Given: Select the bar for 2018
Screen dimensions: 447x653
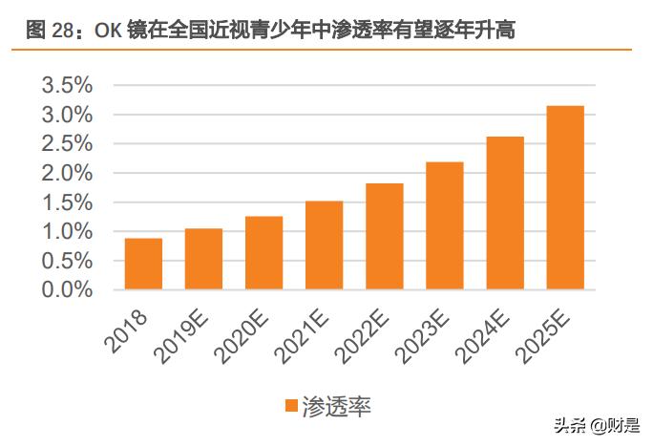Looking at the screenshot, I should click(x=143, y=264).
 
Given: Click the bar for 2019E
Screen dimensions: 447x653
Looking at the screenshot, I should click(x=203, y=259).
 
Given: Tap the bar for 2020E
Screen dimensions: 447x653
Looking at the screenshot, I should click(x=263, y=253).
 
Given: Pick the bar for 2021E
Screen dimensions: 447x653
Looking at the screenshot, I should click(x=324, y=245).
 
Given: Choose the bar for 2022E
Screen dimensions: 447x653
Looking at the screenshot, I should click(x=385, y=236).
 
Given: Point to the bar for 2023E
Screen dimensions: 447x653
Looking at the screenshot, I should click(x=445, y=225).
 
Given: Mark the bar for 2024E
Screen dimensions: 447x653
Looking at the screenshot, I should click(x=505, y=213).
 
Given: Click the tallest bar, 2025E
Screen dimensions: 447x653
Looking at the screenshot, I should click(x=565, y=198).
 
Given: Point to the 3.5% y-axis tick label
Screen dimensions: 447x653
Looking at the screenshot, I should click(x=67, y=85).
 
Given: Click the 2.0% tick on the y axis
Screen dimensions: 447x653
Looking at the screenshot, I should click(x=67, y=173).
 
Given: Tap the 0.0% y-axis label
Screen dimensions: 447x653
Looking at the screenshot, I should click(x=67, y=289).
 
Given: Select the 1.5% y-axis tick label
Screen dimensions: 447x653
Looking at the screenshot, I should click(x=67, y=202).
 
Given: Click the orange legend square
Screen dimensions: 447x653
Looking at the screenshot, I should click(x=290, y=406).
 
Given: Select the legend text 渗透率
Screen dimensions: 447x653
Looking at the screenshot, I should click(x=336, y=406).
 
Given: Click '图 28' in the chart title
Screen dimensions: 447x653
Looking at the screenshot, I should click(x=47, y=30).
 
